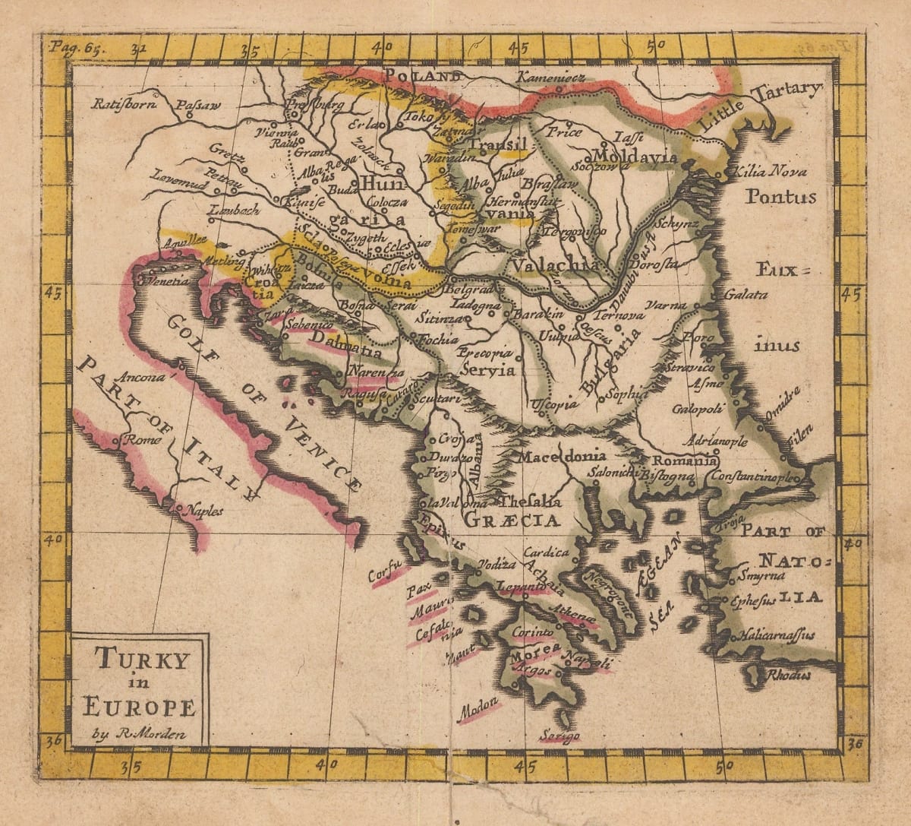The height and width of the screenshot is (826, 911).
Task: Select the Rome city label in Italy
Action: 138,439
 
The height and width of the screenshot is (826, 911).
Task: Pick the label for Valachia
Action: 556,266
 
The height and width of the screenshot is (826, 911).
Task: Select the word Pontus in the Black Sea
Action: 780,197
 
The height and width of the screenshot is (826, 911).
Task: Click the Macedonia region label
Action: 562,456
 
